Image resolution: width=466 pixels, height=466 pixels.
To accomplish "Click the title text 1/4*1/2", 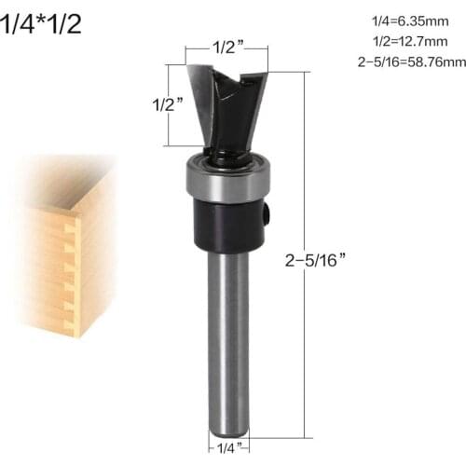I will [42, 23].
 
